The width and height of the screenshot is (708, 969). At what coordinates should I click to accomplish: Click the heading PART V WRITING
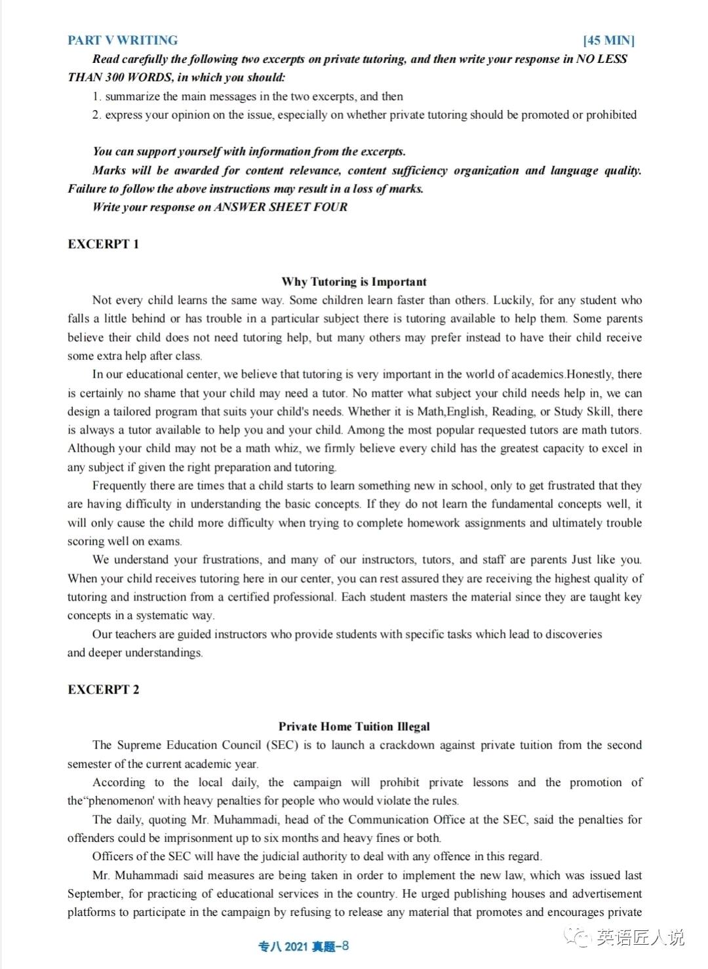123,40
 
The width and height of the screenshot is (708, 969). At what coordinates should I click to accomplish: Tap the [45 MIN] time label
608,41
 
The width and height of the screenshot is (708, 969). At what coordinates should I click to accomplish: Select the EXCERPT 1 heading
103,244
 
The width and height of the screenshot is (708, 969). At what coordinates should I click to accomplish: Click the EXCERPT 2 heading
103,689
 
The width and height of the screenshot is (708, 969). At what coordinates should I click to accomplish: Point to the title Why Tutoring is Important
354,282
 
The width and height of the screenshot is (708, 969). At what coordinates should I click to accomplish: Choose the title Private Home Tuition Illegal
354,726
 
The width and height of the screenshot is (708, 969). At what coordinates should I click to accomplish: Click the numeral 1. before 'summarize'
96,96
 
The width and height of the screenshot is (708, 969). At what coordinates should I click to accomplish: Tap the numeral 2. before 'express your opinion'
96,115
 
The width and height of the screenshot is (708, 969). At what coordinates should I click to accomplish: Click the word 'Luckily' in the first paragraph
513,300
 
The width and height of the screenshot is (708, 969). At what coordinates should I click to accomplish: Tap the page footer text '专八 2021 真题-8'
304,946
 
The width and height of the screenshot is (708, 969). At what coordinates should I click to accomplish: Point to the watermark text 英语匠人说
640,938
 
